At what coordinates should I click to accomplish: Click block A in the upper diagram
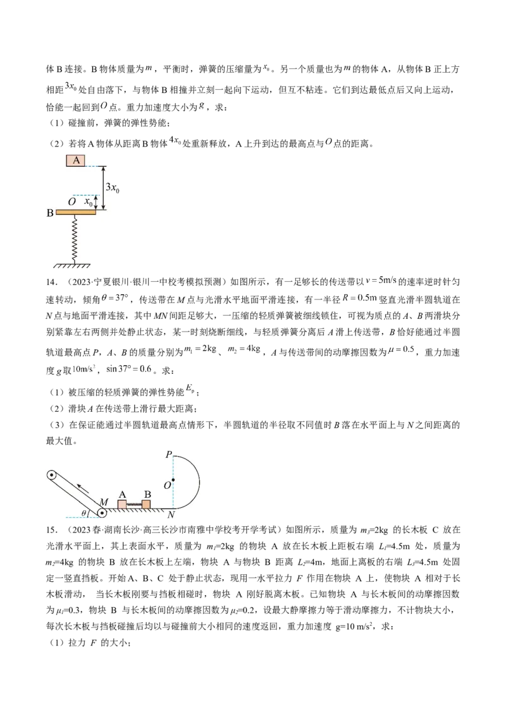[x=76, y=160]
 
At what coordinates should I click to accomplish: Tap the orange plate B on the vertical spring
[x=76, y=212]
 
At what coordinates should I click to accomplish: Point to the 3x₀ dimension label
[x=112, y=188]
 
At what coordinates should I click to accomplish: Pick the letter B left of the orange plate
[x=50, y=213]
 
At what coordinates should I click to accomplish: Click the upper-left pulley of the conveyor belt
[x=51, y=476]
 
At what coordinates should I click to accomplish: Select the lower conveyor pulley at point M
[x=102, y=513]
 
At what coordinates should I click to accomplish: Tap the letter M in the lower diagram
[x=104, y=501]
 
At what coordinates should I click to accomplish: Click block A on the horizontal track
[x=121, y=504]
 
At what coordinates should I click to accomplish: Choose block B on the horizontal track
[x=146, y=504]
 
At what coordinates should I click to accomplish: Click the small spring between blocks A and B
[x=134, y=505]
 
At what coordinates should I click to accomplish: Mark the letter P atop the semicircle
[x=168, y=455]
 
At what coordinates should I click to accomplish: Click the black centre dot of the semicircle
[x=173, y=481]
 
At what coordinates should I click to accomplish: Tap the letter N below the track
[x=171, y=515]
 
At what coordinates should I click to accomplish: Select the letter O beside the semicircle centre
[x=166, y=484]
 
